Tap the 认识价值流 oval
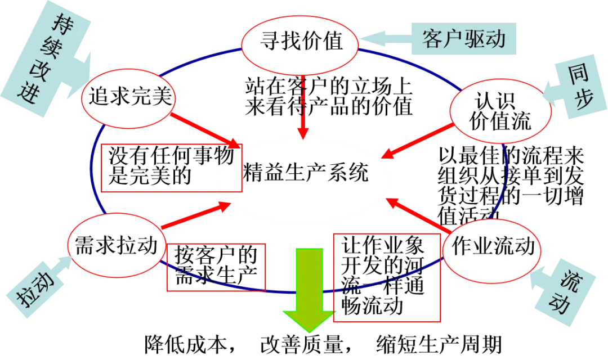(x=500, y=111)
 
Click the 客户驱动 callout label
(x=463, y=39)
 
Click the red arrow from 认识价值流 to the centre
(x=417, y=141)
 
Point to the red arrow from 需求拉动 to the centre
(x=194, y=216)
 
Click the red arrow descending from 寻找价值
(x=303, y=110)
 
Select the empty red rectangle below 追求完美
(x=171, y=168)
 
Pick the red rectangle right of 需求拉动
(x=216, y=267)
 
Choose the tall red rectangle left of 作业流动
(x=386, y=277)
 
